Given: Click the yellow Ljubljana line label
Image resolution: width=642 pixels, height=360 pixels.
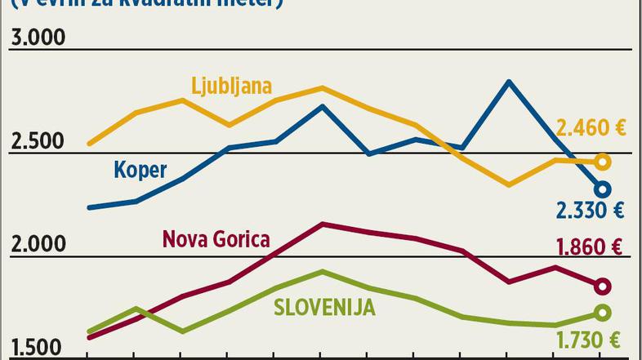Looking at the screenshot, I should click(x=231, y=85).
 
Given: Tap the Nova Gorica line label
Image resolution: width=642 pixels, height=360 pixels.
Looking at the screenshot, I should click(x=216, y=239).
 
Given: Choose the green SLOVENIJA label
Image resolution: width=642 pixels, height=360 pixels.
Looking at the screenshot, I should click(x=324, y=307).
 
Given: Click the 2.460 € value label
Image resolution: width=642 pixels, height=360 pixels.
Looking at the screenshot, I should click(x=591, y=127).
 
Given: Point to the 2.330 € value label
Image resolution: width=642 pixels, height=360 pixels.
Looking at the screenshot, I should click(x=591, y=211).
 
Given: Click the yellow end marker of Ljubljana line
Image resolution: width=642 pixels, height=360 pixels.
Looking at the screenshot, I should click(x=603, y=162).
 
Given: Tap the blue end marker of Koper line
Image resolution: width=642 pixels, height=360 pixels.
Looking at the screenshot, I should click(x=603, y=189).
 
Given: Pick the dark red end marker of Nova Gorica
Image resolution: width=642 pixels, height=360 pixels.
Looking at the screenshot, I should click(x=603, y=286).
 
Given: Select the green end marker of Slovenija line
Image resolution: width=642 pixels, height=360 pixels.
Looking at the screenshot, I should click(x=603, y=313).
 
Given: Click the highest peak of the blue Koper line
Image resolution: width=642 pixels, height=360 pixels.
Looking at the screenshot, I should click(x=509, y=82).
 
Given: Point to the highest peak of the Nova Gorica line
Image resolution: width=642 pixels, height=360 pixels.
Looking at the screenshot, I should click(x=323, y=224).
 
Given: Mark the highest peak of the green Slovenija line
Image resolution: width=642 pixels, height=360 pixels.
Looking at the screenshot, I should click(x=323, y=271).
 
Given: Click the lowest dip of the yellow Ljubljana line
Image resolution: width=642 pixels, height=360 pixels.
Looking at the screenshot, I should click(x=509, y=185).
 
